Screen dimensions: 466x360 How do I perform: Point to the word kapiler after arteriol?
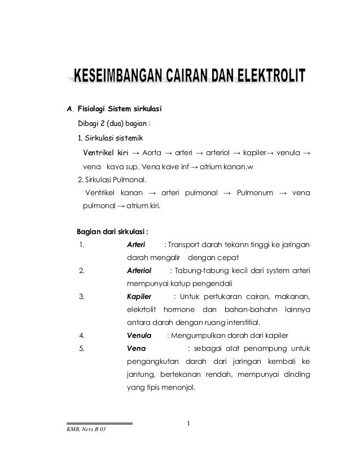click(251, 138)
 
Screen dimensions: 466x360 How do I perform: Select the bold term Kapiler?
click(139, 297)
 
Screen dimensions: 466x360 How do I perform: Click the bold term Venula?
click(139, 336)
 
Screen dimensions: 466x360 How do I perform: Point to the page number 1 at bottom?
click(191, 423)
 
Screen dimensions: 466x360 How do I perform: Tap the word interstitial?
click(238, 323)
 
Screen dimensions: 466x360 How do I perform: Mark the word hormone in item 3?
click(179, 310)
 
